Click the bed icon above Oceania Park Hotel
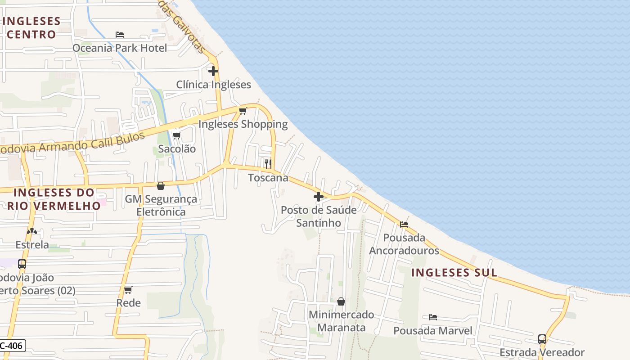[x=119, y=34]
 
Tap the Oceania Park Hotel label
[x=120, y=48]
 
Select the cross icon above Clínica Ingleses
[x=213, y=71]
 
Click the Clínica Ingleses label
[x=213, y=85]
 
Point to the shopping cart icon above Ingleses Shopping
[x=243, y=111]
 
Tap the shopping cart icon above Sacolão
[x=176, y=135]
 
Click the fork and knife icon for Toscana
[x=268, y=164]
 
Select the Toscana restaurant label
[x=268, y=178]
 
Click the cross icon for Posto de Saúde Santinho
[x=319, y=197]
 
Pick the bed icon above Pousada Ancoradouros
[x=404, y=224]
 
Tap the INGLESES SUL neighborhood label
[x=454, y=273]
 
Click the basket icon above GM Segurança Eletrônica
[x=161, y=186]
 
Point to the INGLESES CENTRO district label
[x=31, y=28]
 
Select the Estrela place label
[x=32, y=245]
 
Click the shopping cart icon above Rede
[x=128, y=290]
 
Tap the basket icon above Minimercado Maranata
[x=341, y=301]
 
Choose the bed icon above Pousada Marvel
[x=433, y=317]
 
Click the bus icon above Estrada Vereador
[x=542, y=339]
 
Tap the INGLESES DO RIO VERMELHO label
[x=54, y=199]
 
